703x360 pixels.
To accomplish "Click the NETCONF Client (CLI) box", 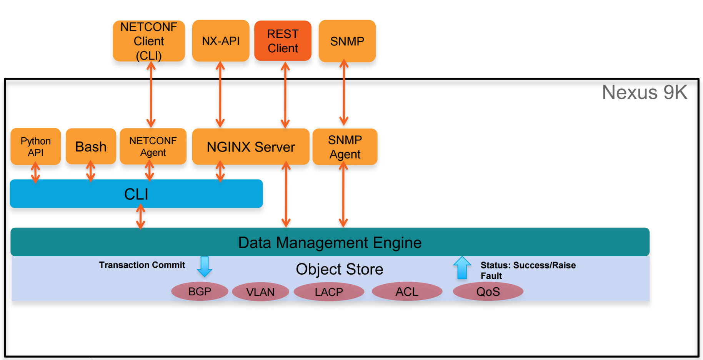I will coord(149,41).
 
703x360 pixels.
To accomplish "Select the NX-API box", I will coord(221,41).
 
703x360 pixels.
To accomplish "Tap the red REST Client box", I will coord(283,41).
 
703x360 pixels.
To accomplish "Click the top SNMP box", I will coord(347,41).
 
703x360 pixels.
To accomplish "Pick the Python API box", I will coord(35,147).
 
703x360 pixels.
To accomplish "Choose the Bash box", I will coord(91,147).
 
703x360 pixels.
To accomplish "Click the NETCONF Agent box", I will coord(153,147).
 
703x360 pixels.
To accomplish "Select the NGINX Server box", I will coord(251,147).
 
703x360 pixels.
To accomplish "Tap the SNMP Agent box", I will coord(345,147).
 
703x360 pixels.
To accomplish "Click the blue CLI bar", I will coord(136,194).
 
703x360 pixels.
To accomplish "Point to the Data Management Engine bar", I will coord(330,242).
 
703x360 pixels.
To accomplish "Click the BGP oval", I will coord(200,292).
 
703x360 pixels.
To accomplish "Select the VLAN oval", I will coord(260,292).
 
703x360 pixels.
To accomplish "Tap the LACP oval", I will coord(329,292).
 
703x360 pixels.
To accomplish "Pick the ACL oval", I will coord(407,292).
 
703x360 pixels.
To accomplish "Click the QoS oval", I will coord(488,292).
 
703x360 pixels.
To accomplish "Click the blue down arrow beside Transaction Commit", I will coord(204,267).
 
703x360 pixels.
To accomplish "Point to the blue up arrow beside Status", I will coord(462,268).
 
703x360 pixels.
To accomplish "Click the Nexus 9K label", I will coord(644,92).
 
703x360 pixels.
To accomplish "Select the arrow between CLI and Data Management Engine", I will coord(141,217).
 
